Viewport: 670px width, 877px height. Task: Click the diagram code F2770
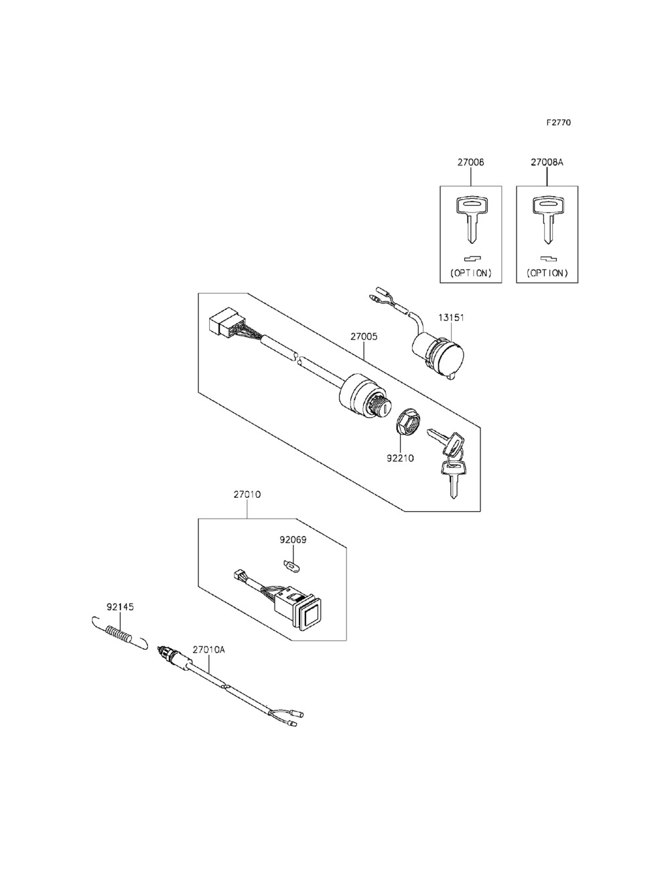[559, 122]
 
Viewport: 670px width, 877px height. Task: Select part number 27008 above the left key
[470, 163]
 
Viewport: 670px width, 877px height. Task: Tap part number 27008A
[547, 163]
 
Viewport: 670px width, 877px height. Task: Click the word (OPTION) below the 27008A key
[547, 273]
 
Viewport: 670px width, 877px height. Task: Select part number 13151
[451, 318]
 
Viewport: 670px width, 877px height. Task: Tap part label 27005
[364, 336]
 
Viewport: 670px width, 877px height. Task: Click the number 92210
[400, 458]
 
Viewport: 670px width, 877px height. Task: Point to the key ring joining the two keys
[456, 453]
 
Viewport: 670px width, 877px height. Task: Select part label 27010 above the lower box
[247, 494]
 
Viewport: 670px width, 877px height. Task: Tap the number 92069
[293, 540]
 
